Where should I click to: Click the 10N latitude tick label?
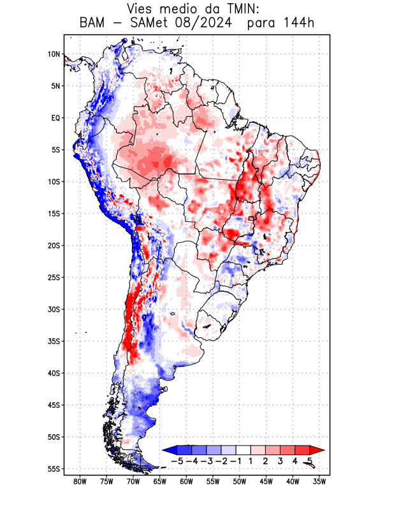pos(54,54)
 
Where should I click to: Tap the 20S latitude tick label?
pos(54,245)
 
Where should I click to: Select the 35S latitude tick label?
pos(54,341)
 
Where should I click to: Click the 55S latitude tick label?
pos(54,469)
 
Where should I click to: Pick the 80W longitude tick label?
pos(80,482)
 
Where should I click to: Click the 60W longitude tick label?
pos(186,482)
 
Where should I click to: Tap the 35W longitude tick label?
pos(319,482)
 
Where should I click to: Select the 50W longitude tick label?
pos(240,482)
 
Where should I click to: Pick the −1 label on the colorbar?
pos(236,461)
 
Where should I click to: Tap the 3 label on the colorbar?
pos(281,461)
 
